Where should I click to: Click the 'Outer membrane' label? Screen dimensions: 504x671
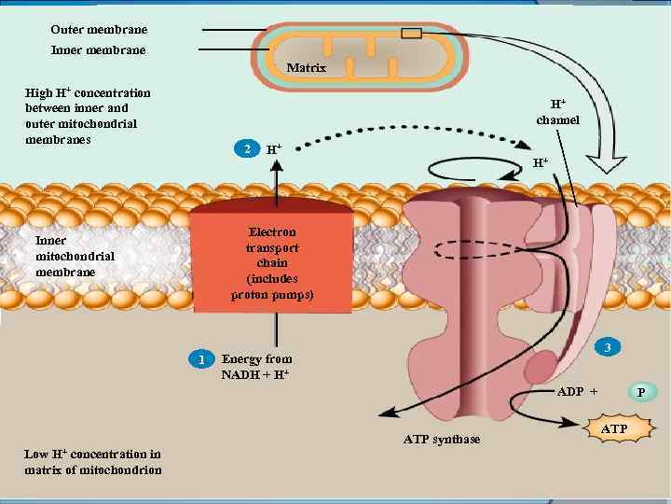coord(98,30)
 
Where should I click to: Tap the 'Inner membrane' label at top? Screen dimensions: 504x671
coord(98,49)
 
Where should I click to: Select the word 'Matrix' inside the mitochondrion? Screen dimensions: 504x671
coord(307,68)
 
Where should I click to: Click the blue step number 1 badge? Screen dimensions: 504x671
coord(199,359)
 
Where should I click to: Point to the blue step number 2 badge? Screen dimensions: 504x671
coord(245,149)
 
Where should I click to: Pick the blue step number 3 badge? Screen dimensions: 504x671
coord(608,348)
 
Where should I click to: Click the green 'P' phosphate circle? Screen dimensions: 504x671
coord(640,391)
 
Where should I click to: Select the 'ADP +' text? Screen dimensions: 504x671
coord(577,391)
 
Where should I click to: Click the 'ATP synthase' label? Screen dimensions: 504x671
coord(442,439)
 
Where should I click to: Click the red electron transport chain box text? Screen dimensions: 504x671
coord(272,263)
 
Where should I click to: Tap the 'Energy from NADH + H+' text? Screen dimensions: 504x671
coord(256,367)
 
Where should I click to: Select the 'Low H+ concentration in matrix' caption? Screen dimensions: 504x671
coord(92,461)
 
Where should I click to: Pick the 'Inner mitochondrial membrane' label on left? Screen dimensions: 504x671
coord(75,256)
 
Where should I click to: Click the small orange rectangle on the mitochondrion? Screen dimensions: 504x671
coord(411,34)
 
